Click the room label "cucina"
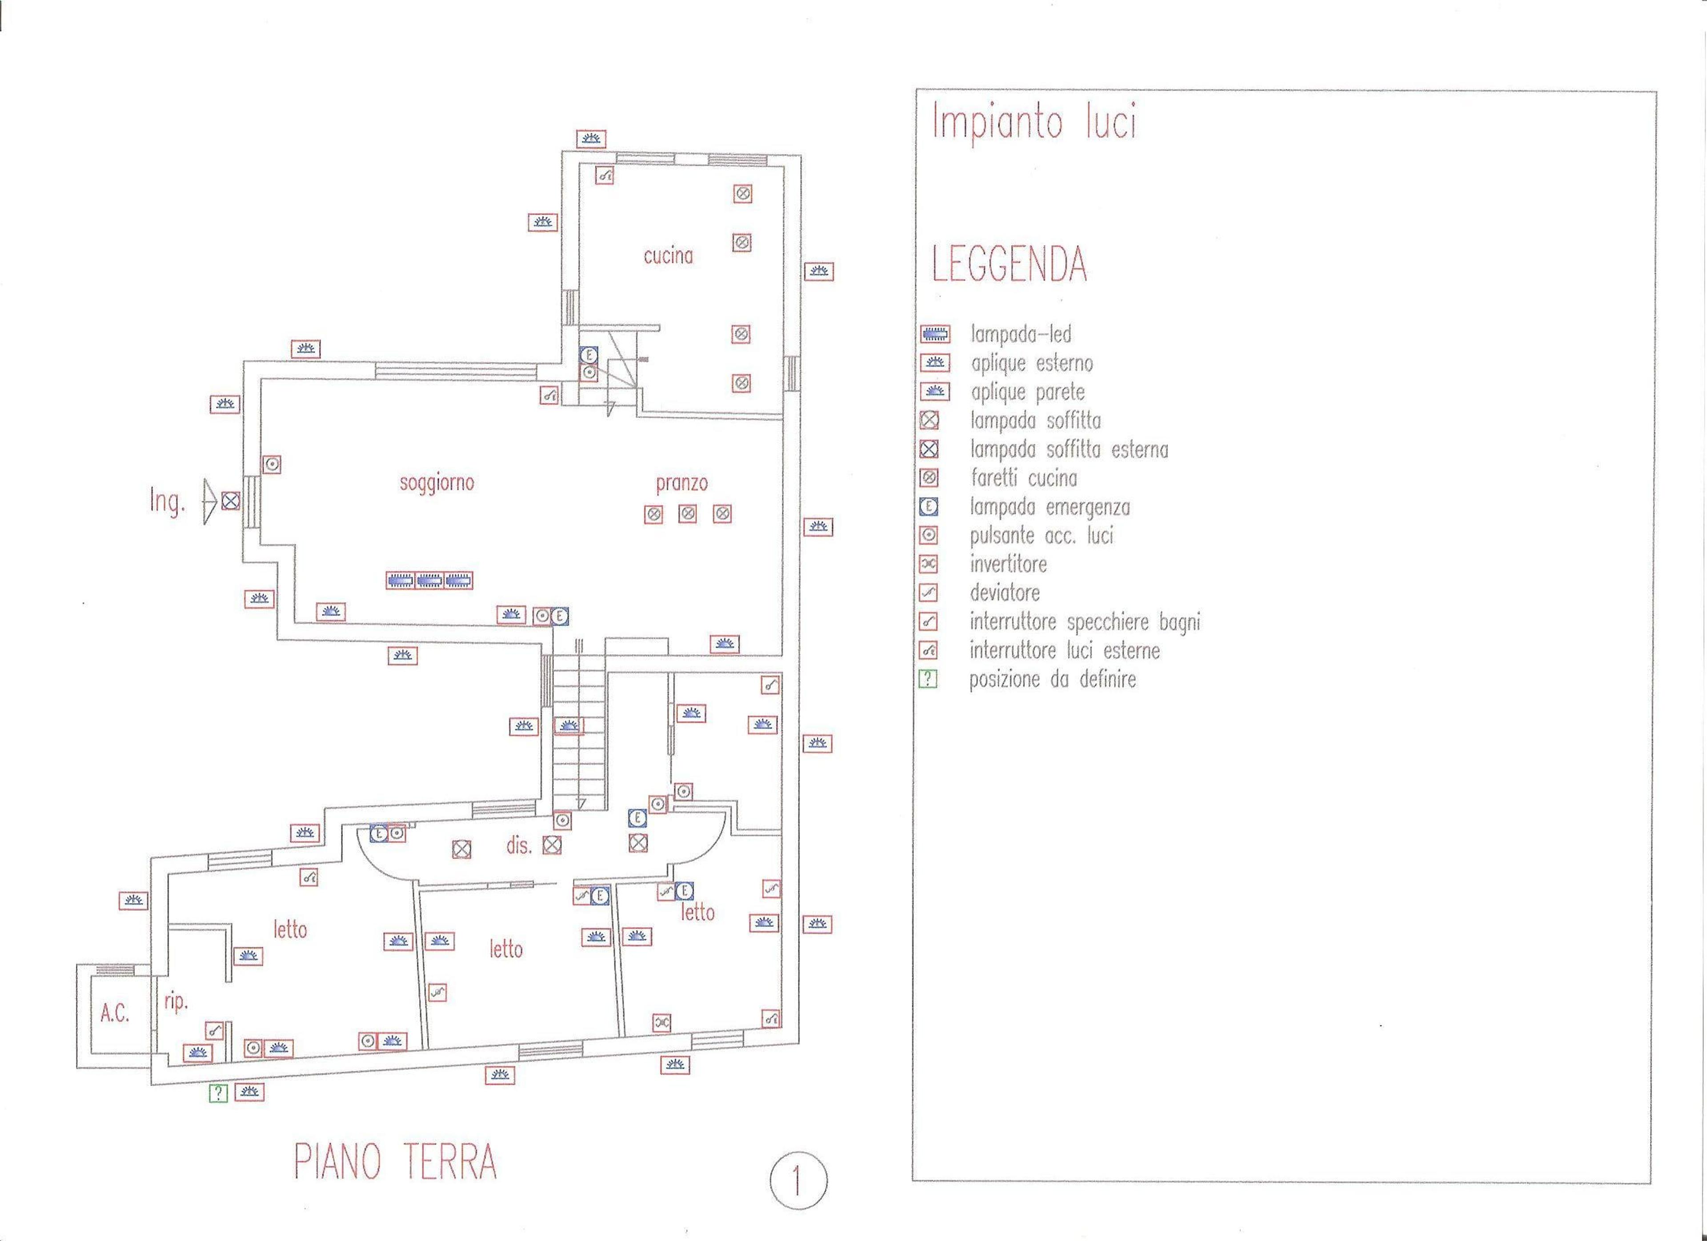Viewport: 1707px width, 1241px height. (x=668, y=256)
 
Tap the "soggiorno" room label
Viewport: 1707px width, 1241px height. (x=437, y=482)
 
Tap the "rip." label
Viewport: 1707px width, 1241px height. (x=175, y=1002)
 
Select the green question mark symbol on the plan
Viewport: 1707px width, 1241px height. (x=217, y=1093)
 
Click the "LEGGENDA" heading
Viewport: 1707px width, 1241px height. (x=1009, y=264)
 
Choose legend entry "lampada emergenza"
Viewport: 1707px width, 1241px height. (x=1050, y=507)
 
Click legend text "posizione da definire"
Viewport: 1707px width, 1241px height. (x=1052, y=680)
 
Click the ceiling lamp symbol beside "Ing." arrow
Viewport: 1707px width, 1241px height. (x=231, y=500)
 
